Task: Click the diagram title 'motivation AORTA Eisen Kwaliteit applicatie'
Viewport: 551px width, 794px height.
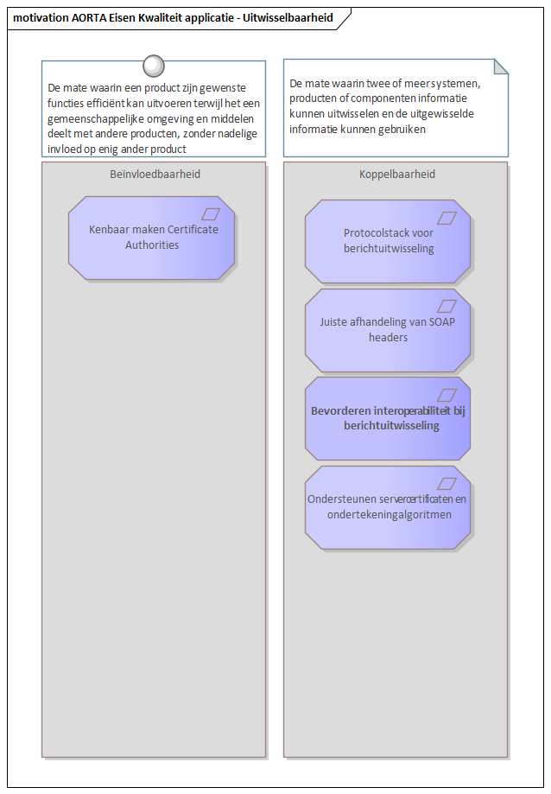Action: click(123, 18)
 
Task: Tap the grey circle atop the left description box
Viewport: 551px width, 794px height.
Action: click(154, 66)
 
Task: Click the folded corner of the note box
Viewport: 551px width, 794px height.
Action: click(501, 67)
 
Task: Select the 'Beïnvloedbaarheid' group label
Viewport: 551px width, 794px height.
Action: click(155, 175)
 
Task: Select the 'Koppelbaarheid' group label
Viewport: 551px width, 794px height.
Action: click(397, 175)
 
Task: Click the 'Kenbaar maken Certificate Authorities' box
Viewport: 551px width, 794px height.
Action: click(152, 238)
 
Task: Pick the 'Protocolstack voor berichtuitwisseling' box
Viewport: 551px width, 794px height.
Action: click(388, 241)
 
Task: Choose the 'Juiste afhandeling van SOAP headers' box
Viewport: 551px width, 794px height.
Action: click(388, 330)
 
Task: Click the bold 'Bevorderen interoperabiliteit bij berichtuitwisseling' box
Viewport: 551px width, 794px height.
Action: click(388, 418)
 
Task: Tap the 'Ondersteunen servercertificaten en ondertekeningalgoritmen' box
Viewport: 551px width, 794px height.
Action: click(388, 507)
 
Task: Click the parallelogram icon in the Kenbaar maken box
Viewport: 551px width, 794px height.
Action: click(211, 214)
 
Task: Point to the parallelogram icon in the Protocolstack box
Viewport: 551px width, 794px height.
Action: click(446, 218)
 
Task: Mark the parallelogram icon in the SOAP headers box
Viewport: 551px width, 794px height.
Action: click(446, 306)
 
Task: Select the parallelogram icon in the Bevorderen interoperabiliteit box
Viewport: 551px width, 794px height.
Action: click(446, 395)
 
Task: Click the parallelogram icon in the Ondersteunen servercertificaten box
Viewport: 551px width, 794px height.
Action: click(446, 484)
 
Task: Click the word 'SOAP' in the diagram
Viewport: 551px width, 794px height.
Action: click(441, 322)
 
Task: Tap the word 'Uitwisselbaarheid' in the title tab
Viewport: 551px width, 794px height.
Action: click(288, 18)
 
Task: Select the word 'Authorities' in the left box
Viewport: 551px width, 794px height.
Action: click(152, 245)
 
